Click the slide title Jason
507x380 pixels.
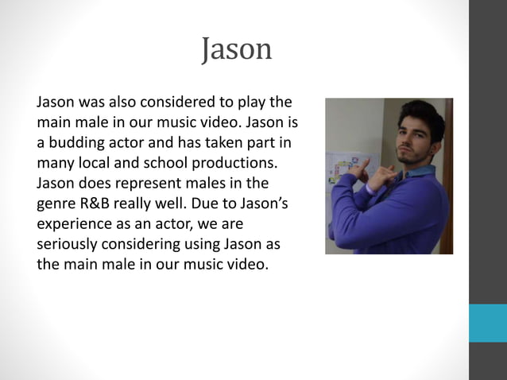click(x=237, y=49)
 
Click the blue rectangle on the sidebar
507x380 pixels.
click(x=487, y=323)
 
